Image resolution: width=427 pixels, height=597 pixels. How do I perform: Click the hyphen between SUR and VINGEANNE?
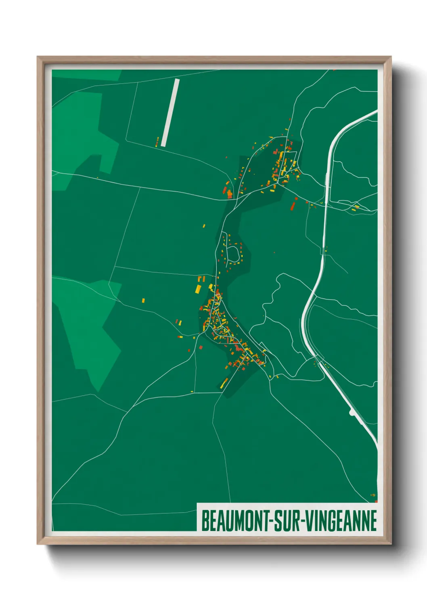click(x=303, y=522)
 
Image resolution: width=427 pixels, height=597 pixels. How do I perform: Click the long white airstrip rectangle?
click(x=170, y=113)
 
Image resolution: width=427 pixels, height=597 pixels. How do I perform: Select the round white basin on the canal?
click(x=352, y=412)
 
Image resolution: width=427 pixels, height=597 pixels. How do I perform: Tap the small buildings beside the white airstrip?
click(x=157, y=141)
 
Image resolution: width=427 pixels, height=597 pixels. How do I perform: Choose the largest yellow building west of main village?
click(x=198, y=288)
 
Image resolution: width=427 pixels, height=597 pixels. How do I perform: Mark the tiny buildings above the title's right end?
click(x=373, y=495)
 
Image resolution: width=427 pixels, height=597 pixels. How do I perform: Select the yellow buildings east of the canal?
click(x=356, y=207)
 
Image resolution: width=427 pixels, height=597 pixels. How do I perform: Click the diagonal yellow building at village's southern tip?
click(x=224, y=383)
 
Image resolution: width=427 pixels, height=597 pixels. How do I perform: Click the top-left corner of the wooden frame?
click(x=38, y=57)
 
